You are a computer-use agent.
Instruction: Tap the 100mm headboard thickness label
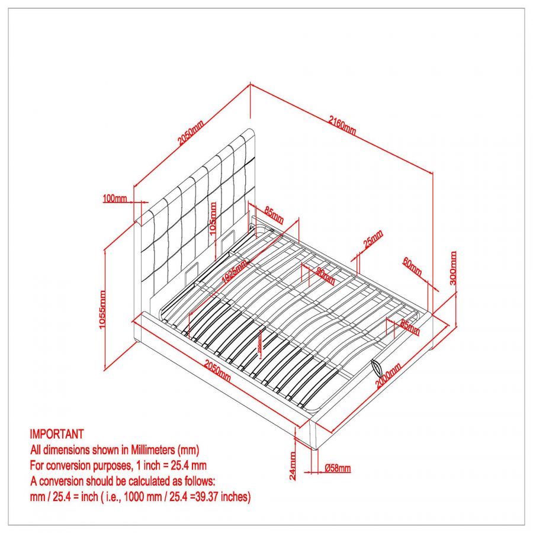115,198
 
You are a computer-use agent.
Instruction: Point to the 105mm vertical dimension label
214,219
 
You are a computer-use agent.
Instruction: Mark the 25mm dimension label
373,239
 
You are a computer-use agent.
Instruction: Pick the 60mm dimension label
412,267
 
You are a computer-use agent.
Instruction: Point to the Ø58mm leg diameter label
338,468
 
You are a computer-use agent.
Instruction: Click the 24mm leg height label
293,465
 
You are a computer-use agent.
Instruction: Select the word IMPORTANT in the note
57,434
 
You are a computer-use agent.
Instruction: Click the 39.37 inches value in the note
224,497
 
